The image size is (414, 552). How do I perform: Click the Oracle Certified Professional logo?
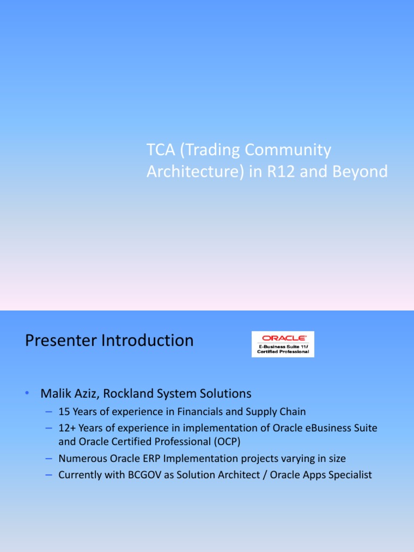click(x=283, y=344)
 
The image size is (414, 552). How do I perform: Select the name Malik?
click(x=56, y=394)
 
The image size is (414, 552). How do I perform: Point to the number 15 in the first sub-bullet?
click(x=64, y=412)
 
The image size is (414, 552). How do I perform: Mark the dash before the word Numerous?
click(x=49, y=459)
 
